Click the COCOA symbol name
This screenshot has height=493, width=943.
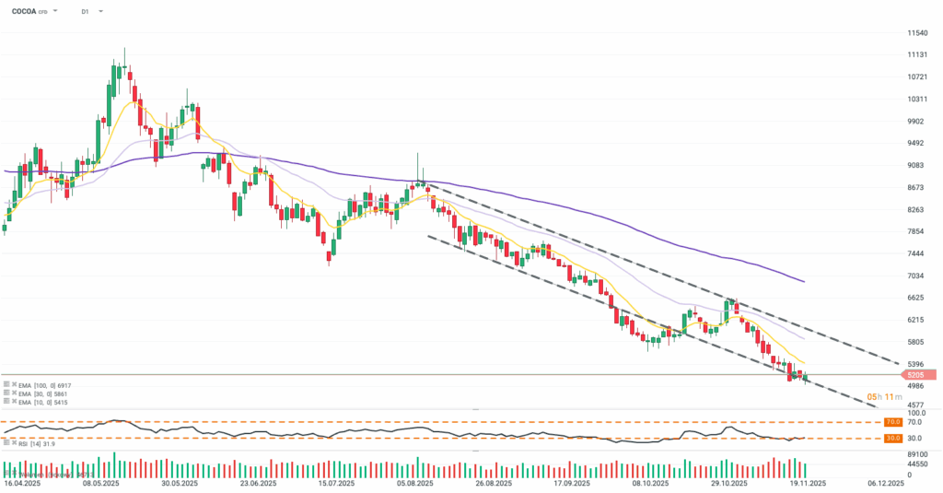point(25,12)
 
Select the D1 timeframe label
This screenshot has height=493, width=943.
point(85,12)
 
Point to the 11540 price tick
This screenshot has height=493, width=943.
point(916,32)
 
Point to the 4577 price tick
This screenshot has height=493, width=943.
point(914,405)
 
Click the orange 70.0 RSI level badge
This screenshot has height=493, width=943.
point(891,422)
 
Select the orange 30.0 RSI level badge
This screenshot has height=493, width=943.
point(891,439)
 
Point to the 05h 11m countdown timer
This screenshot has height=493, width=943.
point(866,397)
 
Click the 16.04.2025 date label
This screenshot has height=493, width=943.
point(21,482)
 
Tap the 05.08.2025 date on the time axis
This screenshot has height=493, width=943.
point(416,482)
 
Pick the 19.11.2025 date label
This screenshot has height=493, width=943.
point(808,482)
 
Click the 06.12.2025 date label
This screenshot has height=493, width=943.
point(889,482)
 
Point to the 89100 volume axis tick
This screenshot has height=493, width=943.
point(916,454)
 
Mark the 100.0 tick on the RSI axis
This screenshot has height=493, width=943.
point(914,413)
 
